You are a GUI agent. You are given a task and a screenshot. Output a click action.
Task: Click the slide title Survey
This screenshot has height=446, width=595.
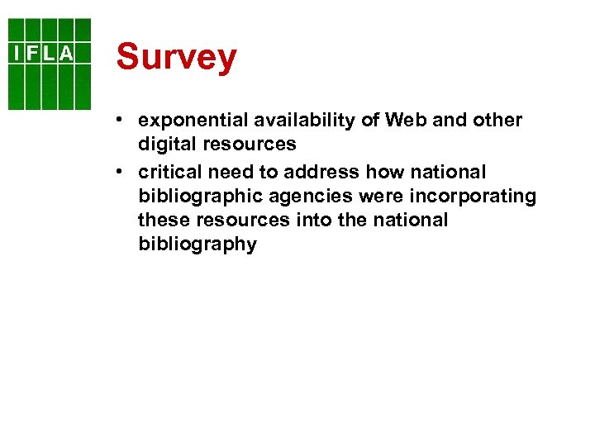pyautogui.click(x=176, y=58)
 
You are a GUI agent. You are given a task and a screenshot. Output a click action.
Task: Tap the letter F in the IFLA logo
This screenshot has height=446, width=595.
pyautogui.click(x=32, y=54)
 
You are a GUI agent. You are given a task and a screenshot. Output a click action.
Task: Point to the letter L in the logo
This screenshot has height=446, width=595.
pyautogui.click(x=49, y=54)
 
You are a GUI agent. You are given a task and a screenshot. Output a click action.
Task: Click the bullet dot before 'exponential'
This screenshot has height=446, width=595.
pyautogui.click(x=121, y=120)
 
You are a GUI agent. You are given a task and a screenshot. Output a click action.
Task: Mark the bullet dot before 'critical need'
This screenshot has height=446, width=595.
pyautogui.click(x=121, y=172)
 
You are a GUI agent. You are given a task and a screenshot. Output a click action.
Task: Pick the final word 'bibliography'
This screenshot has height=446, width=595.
pyautogui.click(x=197, y=245)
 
